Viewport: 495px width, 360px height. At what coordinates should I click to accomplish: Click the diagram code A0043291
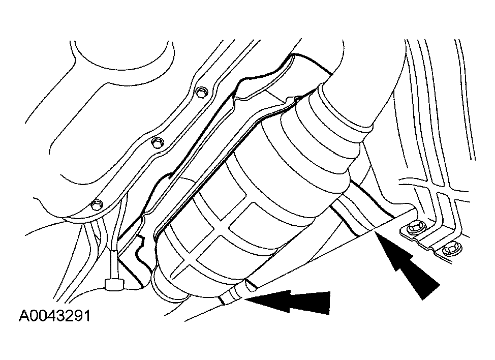pos(54,315)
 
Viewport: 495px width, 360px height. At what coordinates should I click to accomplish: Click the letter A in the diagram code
pos(23,315)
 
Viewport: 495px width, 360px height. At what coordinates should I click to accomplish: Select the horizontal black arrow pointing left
pos(287,302)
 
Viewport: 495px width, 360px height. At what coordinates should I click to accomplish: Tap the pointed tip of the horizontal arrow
pos(244,298)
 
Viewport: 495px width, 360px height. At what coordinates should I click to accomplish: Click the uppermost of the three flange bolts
pos(201,93)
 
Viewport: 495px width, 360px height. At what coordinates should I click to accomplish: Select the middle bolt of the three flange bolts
pos(157,143)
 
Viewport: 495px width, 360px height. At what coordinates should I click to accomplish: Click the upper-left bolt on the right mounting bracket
pos(413,228)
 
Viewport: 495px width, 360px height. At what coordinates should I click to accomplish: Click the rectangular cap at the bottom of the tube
pos(114,284)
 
